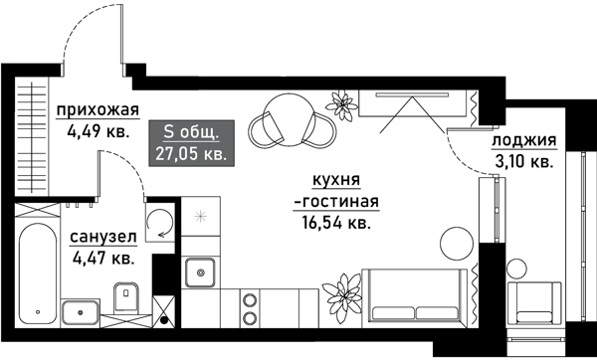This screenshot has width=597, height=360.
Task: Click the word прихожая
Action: (x=97, y=109)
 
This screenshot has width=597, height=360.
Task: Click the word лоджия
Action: (x=523, y=142)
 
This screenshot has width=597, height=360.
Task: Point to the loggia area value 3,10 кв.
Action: (x=523, y=161)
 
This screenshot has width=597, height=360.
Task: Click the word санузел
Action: (x=102, y=240)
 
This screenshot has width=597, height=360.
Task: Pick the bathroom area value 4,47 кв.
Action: (x=102, y=259)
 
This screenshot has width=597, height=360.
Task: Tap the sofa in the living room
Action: (x=414, y=296)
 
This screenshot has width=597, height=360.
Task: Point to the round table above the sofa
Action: (x=458, y=242)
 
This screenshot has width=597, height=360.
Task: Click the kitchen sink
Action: (x=200, y=270)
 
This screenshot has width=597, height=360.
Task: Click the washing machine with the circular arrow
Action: (x=160, y=224)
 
